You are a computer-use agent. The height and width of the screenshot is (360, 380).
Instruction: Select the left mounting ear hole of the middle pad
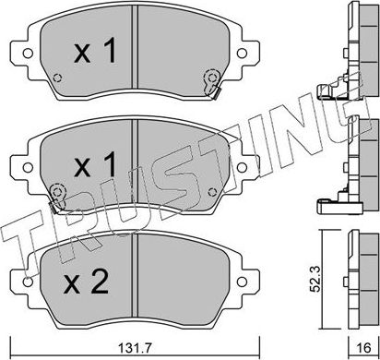(x=18, y=164)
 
